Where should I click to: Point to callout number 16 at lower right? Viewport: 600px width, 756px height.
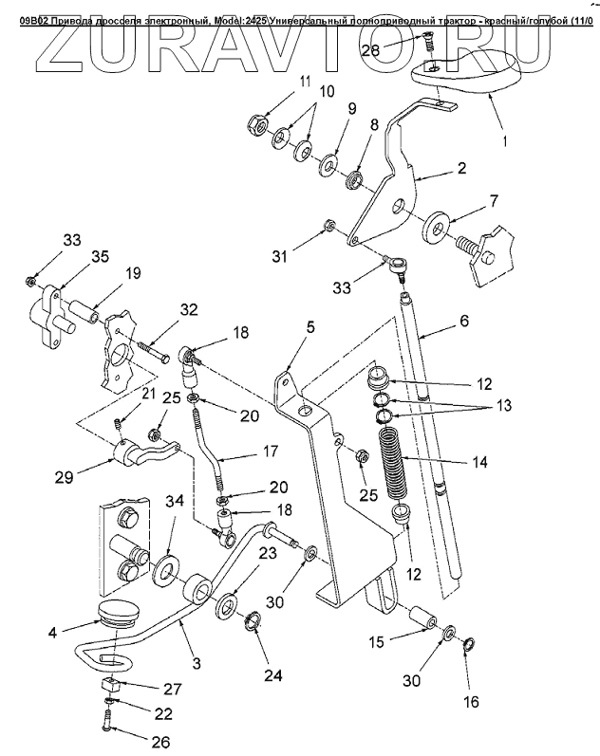[x=472, y=702]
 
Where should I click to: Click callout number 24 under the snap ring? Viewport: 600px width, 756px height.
[x=273, y=677]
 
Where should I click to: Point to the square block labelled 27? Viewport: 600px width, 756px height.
[x=111, y=685]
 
